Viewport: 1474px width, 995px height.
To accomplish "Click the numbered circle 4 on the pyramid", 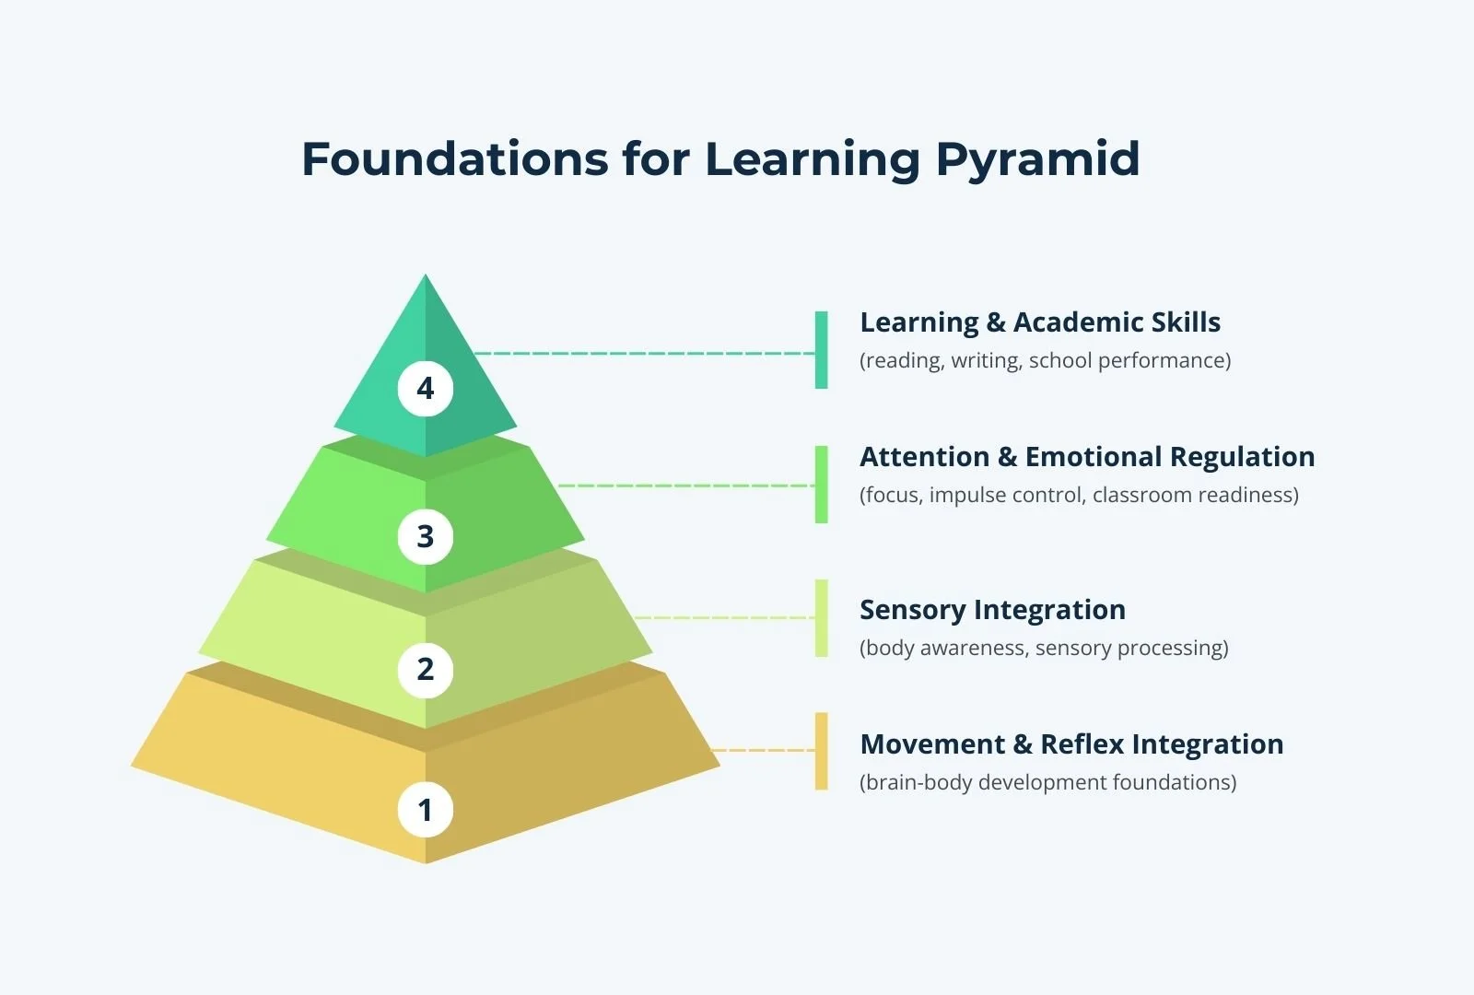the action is [x=425, y=389].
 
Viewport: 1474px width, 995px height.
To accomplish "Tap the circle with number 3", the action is [x=425, y=536].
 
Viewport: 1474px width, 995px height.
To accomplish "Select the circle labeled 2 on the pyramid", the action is [x=425, y=670].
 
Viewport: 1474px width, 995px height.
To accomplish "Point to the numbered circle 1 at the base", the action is [x=425, y=810].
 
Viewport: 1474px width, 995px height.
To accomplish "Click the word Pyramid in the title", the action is [x=1037, y=159].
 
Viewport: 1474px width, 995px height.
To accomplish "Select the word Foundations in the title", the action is [x=454, y=159].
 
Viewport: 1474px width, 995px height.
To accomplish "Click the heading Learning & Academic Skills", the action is [x=1039, y=322].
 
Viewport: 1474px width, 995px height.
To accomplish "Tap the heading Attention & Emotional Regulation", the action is [x=1087, y=457].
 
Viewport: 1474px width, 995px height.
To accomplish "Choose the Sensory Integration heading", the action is [x=992, y=610].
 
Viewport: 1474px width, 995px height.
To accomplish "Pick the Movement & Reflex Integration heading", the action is [x=1071, y=744].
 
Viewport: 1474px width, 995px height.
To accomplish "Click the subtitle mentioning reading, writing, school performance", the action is [x=1045, y=360].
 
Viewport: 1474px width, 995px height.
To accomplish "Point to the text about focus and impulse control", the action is [x=1079, y=495].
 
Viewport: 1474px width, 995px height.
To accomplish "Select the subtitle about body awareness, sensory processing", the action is [x=1044, y=648].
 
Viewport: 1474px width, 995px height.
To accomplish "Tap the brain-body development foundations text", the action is [x=1047, y=782].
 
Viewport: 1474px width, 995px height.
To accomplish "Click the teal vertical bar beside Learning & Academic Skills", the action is [x=821, y=350].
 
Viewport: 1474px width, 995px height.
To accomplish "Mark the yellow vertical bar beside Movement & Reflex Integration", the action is [x=821, y=751].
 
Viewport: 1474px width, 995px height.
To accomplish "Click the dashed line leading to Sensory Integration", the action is [x=723, y=618].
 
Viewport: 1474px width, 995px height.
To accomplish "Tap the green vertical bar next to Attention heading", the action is [x=821, y=485].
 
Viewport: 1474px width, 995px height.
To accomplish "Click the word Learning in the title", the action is [x=812, y=159].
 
